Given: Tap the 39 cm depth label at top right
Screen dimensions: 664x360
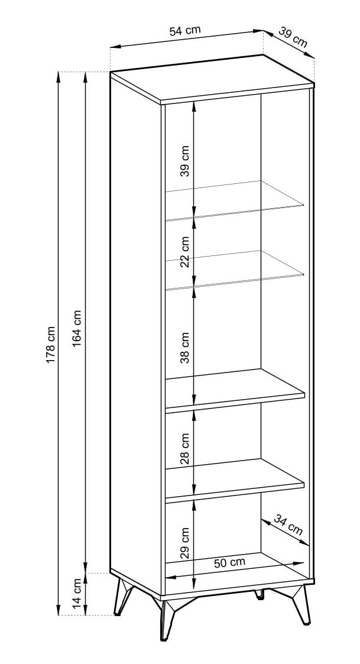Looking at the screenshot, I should click(293, 39).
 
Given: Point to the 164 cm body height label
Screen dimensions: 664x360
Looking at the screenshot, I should click(77, 328).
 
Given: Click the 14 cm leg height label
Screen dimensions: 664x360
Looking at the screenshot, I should click(77, 595).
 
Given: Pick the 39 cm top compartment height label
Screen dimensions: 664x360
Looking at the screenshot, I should click(184, 161).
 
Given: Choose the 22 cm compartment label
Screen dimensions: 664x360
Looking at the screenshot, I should click(184, 252).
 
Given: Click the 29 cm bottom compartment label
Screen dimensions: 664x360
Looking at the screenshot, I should click(184, 543).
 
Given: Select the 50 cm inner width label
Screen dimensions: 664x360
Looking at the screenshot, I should click(229, 563).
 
